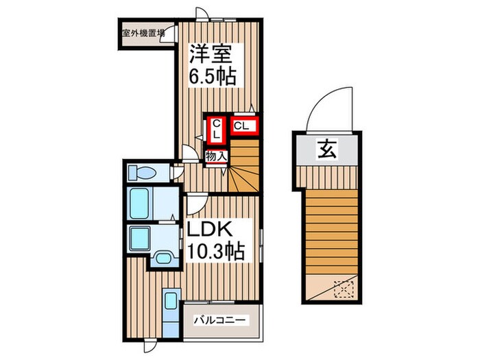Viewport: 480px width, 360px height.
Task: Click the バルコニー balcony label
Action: [218, 320]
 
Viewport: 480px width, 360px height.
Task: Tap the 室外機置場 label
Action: [142, 32]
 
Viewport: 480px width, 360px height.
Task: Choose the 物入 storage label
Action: [216, 156]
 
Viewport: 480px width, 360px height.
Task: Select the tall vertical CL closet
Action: [216, 129]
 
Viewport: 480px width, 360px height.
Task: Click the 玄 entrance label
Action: [326, 147]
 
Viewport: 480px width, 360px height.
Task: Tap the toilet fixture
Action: [143, 172]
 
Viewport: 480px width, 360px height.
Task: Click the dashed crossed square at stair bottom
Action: [341, 289]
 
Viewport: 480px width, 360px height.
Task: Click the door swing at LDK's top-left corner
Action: [194, 204]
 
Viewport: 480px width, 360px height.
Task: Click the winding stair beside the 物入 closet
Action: [243, 174]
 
